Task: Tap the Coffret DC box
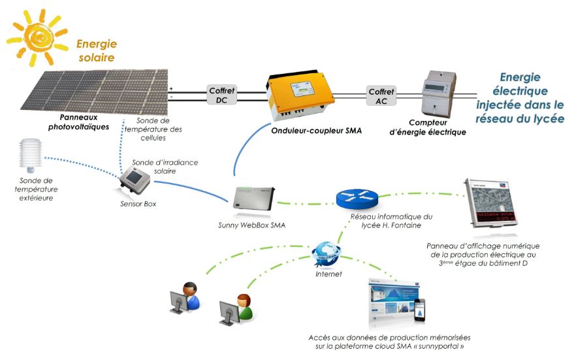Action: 221,95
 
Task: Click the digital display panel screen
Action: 492,209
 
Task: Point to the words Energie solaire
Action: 96,51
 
